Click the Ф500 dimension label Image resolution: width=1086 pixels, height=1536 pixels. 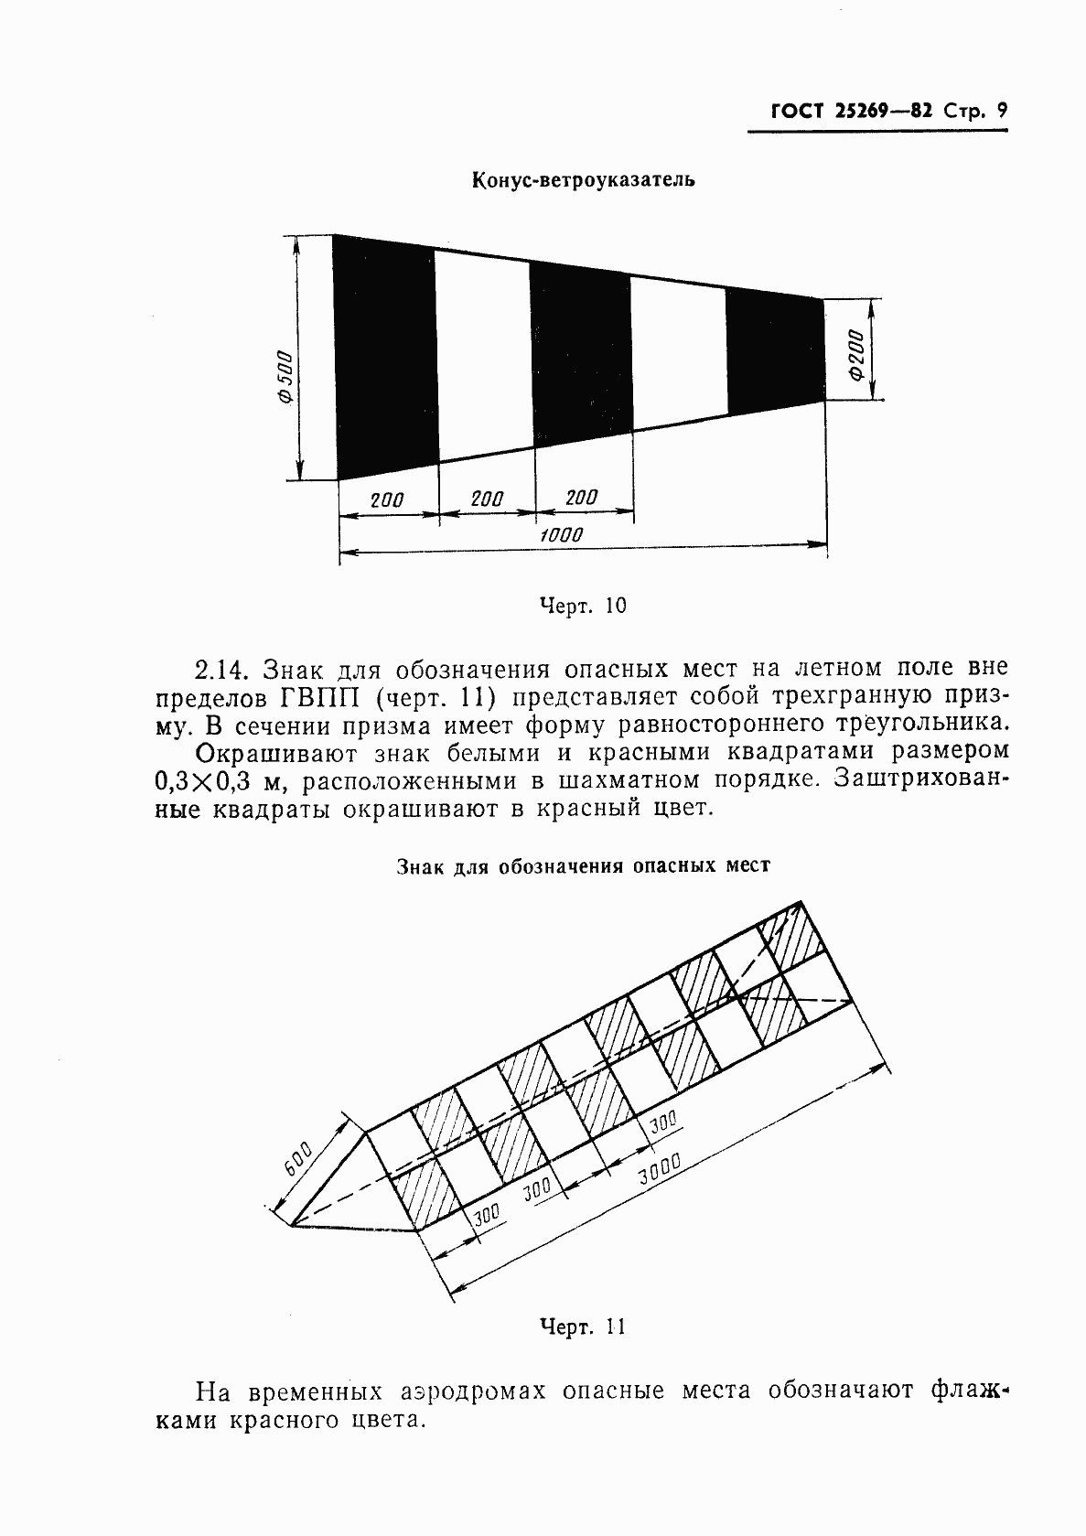[284, 376]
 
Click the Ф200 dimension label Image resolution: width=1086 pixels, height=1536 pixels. [855, 356]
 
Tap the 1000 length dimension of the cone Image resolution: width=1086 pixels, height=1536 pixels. [560, 535]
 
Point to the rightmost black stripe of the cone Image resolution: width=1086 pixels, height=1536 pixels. [774, 349]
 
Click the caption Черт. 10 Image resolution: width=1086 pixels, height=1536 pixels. [583, 606]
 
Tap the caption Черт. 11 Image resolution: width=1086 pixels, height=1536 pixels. [583, 1327]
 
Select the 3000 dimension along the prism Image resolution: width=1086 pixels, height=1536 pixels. [660, 1171]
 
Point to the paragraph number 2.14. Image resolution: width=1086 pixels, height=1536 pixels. [221, 669]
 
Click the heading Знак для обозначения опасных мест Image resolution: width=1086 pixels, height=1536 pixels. [583, 865]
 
